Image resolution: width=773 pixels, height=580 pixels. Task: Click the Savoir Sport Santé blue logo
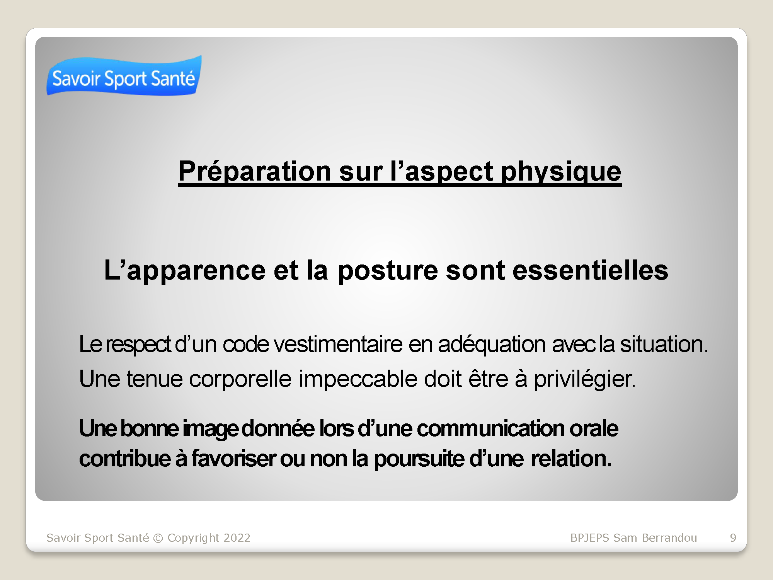[124, 76]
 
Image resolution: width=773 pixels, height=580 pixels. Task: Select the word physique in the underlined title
[561, 172]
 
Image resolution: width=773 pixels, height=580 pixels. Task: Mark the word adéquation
[492, 345]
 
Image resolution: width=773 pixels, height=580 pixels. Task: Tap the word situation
[664, 344]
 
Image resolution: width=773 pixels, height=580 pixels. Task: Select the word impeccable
[358, 379]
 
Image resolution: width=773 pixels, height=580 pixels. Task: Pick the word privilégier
[584, 379]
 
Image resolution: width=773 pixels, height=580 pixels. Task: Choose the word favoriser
[233, 459]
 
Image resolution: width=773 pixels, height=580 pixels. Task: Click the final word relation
[571, 459]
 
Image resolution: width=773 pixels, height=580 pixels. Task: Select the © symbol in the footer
[158, 538]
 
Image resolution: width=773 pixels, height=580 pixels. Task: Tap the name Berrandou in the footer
[669, 538]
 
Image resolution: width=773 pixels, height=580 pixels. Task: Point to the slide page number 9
[733, 538]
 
